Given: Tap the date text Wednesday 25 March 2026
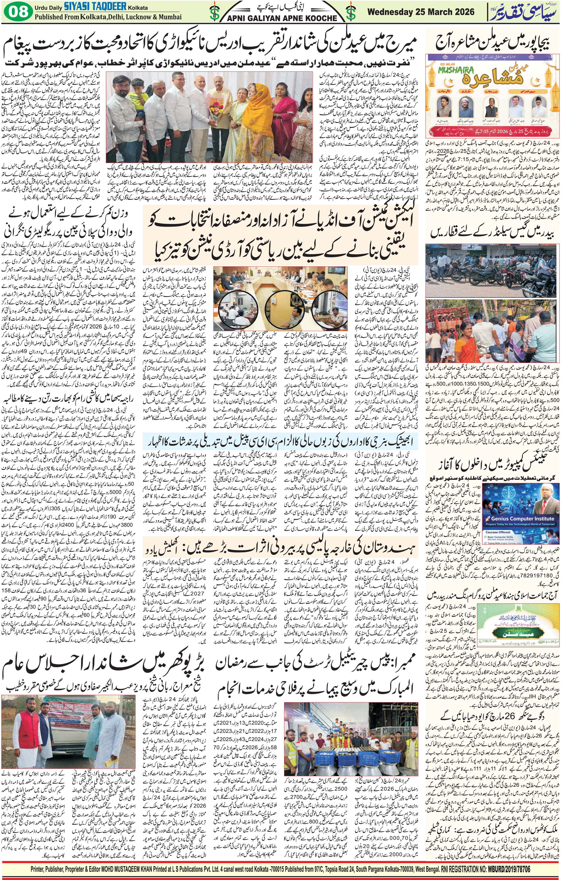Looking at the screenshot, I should click(421, 12).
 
